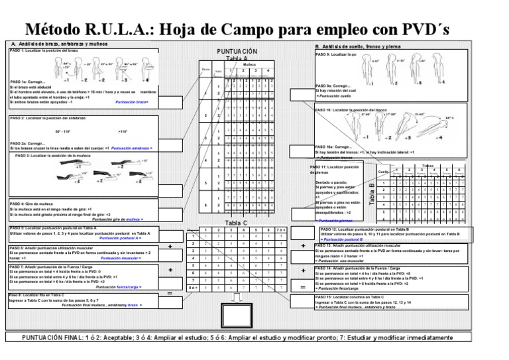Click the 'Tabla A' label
pyautogui.click(x=237, y=58)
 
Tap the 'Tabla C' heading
pyautogui.click(x=237, y=223)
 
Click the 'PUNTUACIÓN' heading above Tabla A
pyautogui.click(x=237, y=51)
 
